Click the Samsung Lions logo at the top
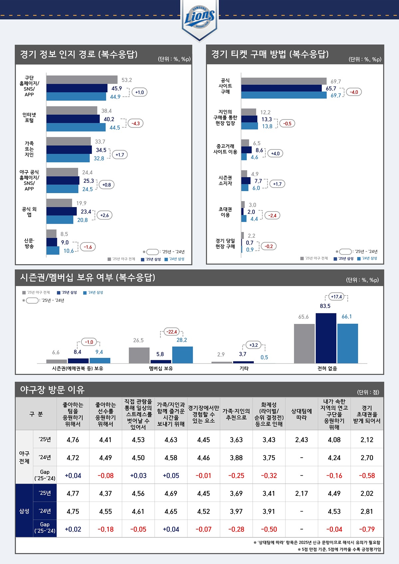click(199, 18)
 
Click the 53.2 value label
click(127, 80)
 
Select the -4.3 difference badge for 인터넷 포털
click(136, 123)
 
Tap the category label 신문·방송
click(29, 243)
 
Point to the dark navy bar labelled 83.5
click(326, 338)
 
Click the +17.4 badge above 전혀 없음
click(336, 297)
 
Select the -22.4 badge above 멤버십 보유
click(172, 332)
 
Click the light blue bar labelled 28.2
click(182, 355)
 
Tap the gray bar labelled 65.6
click(304, 343)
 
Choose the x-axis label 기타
click(244, 368)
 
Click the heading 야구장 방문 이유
click(53, 390)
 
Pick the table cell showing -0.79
click(367, 529)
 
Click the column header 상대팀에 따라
click(302, 414)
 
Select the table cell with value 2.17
click(302, 494)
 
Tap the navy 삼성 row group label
click(24, 511)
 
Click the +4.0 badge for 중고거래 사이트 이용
click(275, 154)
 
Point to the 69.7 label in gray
click(335, 81)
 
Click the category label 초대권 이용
click(225, 212)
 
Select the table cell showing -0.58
click(367, 476)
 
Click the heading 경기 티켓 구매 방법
click(270, 54)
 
